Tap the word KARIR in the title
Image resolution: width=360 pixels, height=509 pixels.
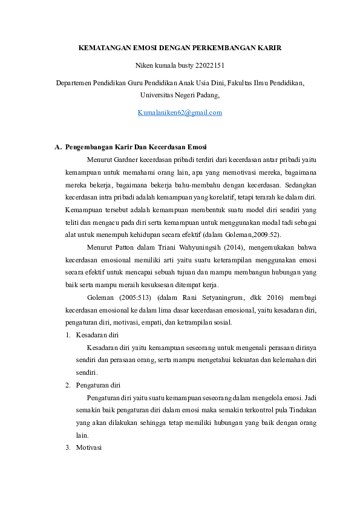pyautogui.click(x=267, y=47)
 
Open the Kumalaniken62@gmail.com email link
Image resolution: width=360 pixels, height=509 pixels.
pyautogui.click(x=180, y=112)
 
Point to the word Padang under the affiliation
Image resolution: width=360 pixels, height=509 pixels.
pyautogui.click(x=206, y=95)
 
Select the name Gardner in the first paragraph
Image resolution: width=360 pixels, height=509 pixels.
pyautogui.click(x=126, y=160)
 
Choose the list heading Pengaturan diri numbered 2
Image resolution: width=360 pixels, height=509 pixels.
pyautogui.click(x=97, y=384)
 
